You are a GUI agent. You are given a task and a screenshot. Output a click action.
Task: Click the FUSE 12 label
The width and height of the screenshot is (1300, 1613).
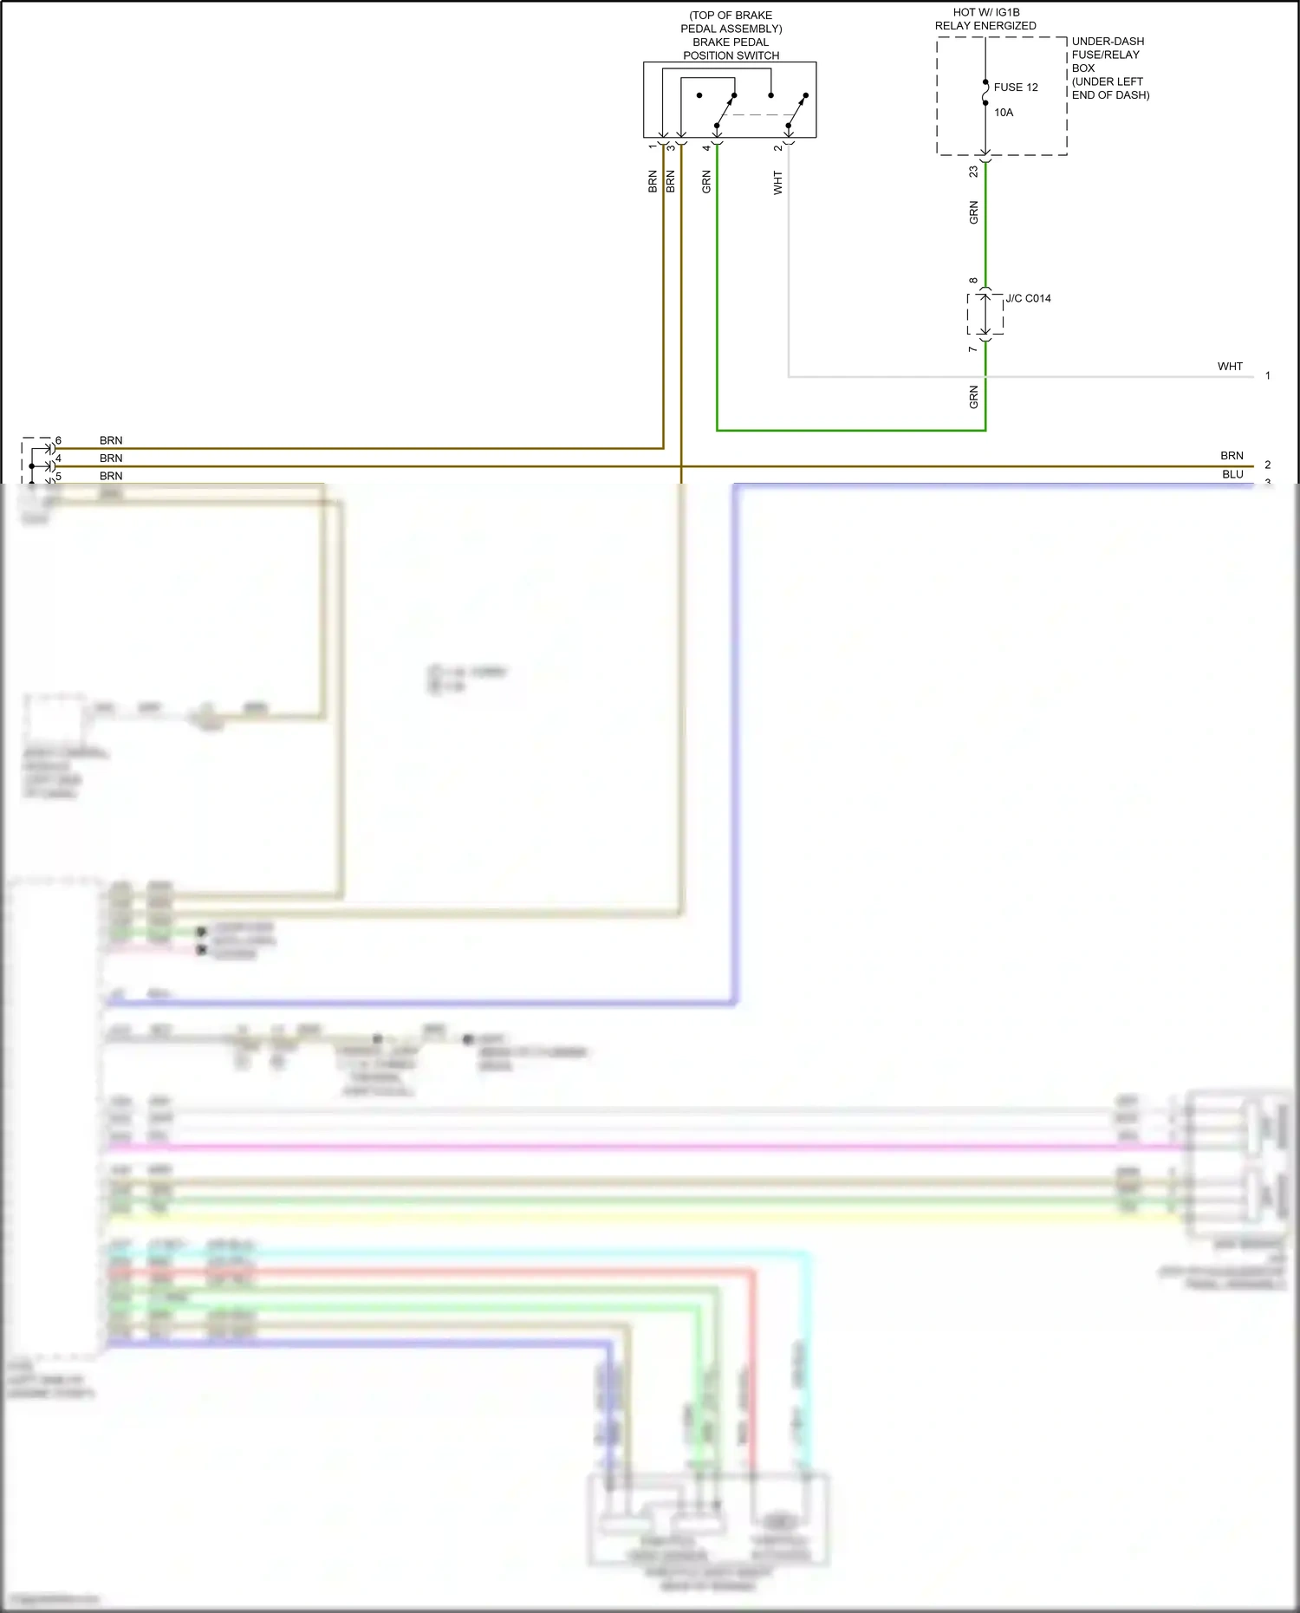point(1015,88)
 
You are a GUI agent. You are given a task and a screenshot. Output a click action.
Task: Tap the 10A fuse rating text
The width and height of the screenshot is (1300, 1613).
point(1003,113)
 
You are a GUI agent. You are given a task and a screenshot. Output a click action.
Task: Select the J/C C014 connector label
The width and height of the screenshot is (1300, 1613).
point(1028,298)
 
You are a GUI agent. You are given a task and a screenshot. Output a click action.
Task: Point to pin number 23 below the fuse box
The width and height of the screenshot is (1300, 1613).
point(973,172)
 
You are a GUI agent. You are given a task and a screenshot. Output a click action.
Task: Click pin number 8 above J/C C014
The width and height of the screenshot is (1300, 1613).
point(973,281)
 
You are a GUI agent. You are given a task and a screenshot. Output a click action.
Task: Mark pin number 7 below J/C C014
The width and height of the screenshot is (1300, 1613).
point(972,348)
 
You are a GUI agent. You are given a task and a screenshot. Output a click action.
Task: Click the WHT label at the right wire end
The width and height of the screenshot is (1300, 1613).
point(1229,367)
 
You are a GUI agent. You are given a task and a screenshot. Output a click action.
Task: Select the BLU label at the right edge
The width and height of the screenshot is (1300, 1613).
point(1232,474)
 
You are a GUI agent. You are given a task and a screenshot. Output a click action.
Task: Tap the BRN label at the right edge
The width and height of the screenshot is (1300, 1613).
point(1232,456)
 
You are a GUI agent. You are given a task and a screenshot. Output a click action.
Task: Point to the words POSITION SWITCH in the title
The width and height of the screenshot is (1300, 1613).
point(731,55)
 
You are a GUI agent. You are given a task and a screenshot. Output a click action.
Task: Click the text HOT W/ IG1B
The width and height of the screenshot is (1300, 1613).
point(985,13)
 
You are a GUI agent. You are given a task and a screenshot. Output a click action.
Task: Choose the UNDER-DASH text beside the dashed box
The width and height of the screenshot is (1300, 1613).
point(1108,42)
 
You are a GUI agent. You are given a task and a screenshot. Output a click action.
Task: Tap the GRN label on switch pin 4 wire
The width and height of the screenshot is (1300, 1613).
point(706,182)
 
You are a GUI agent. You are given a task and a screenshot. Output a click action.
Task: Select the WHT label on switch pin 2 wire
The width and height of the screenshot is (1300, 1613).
point(778,182)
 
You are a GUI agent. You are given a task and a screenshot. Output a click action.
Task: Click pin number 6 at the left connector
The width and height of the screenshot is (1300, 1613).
point(58,440)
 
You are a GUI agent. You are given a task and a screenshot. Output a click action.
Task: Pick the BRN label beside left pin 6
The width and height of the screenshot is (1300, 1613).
point(111,440)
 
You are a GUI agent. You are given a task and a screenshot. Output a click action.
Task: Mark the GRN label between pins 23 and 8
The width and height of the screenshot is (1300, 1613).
point(973,212)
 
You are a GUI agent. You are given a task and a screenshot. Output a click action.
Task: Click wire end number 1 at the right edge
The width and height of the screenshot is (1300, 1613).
point(1267,375)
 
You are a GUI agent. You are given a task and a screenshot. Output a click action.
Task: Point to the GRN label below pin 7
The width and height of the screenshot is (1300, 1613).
point(973,397)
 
